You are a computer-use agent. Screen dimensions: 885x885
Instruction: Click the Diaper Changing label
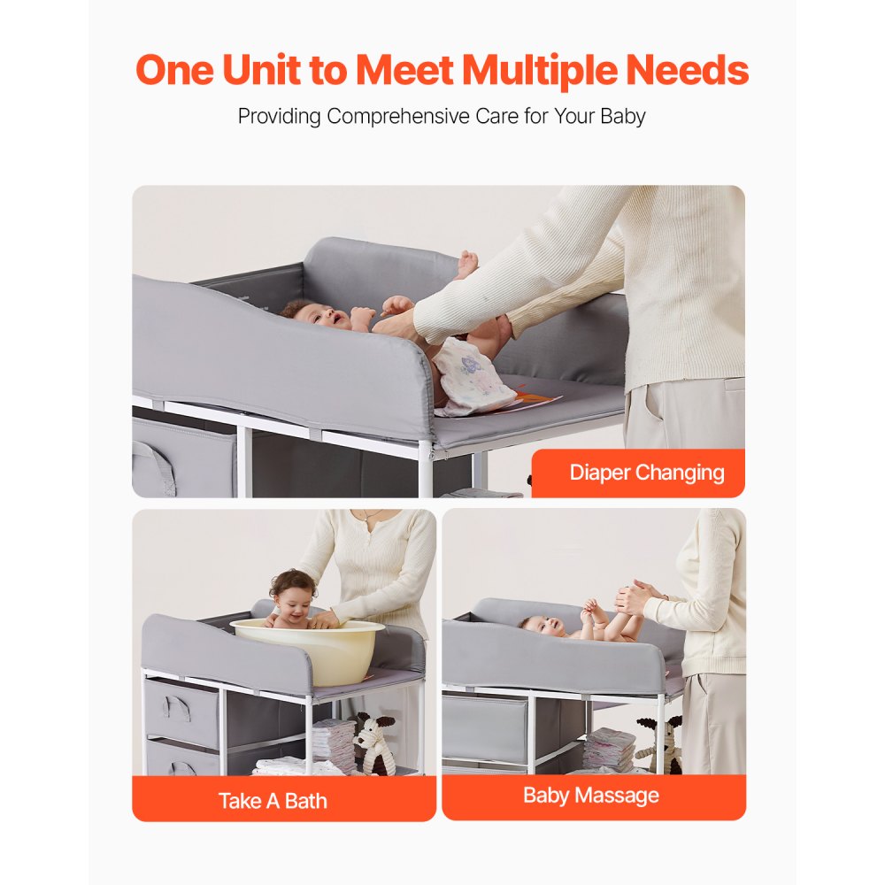[645, 473]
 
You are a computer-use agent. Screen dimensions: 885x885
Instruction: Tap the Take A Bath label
[273, 801]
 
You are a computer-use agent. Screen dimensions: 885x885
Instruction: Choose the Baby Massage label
[590, 795]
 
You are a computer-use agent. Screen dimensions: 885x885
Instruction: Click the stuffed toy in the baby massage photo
[659, 743]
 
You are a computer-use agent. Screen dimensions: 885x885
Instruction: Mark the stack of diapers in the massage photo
[611, 749]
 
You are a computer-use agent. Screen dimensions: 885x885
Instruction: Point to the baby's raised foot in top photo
[466, 262]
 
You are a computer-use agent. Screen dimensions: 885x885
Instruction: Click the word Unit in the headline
[264, 70]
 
